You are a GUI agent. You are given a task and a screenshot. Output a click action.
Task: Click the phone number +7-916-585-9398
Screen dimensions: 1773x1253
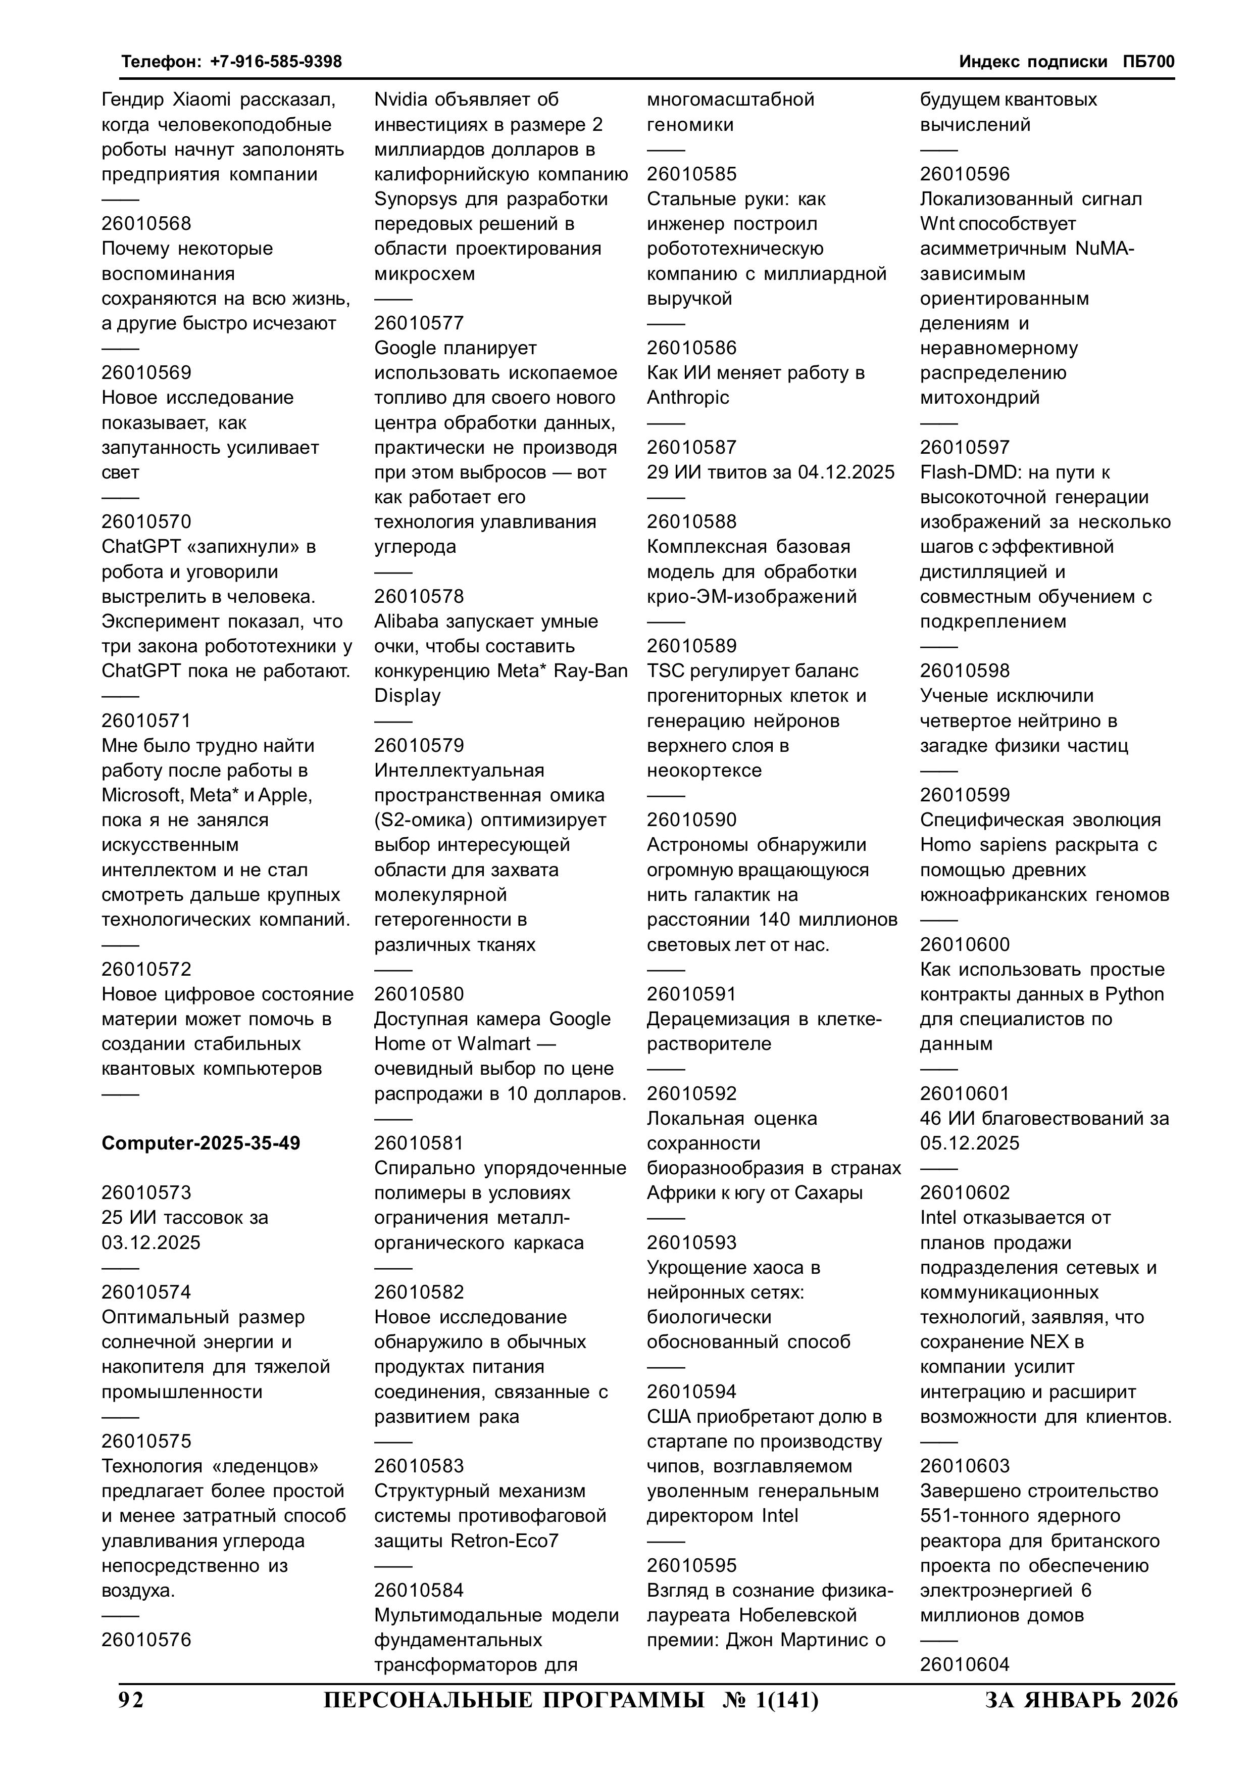coord(276,62)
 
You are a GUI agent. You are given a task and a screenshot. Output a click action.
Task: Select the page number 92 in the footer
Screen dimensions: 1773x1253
coord(131,1700)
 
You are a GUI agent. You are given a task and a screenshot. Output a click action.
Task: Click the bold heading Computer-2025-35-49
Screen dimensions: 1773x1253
coord(201,1143)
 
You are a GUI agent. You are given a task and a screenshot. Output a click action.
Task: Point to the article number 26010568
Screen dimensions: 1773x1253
coord(146,224)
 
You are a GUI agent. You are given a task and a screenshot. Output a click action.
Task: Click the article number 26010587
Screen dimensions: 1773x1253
coord(692,448)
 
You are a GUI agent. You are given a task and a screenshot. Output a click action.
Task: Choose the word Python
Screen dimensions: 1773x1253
coord(1134,994)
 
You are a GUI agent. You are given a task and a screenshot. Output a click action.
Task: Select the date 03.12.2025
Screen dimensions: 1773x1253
coord(152,1243)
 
